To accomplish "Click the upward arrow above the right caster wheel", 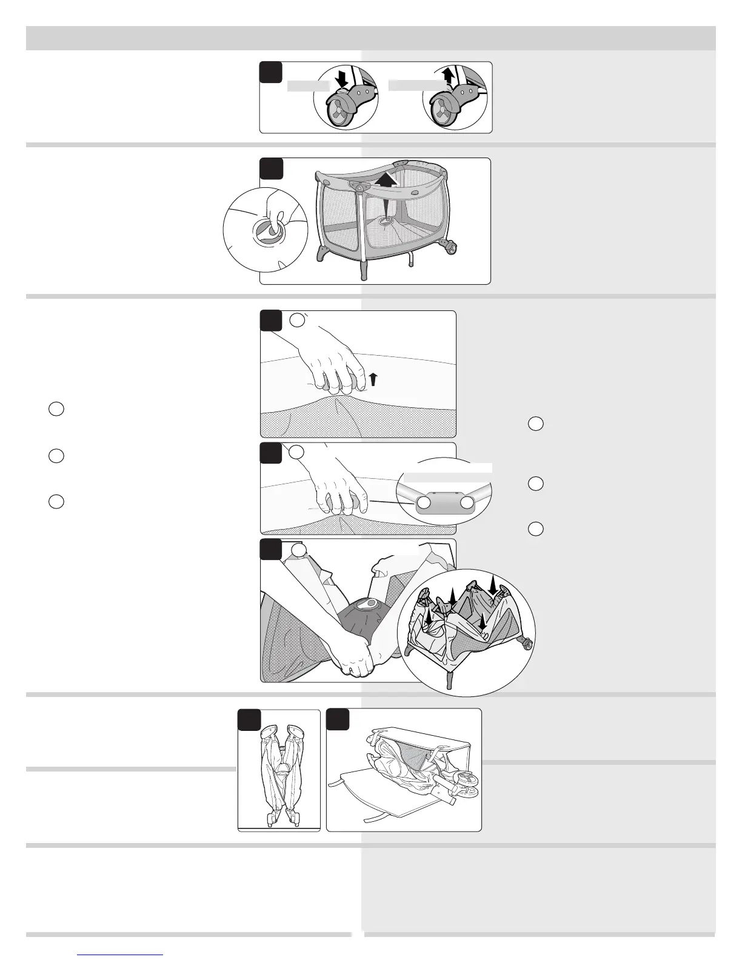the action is [448, 76].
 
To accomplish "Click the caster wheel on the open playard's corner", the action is [450, 248].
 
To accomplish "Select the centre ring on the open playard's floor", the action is [385, 223].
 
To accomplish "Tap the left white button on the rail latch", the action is [424, 503].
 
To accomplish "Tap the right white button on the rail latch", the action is [466, 503].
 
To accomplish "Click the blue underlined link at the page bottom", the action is [121, 954].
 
